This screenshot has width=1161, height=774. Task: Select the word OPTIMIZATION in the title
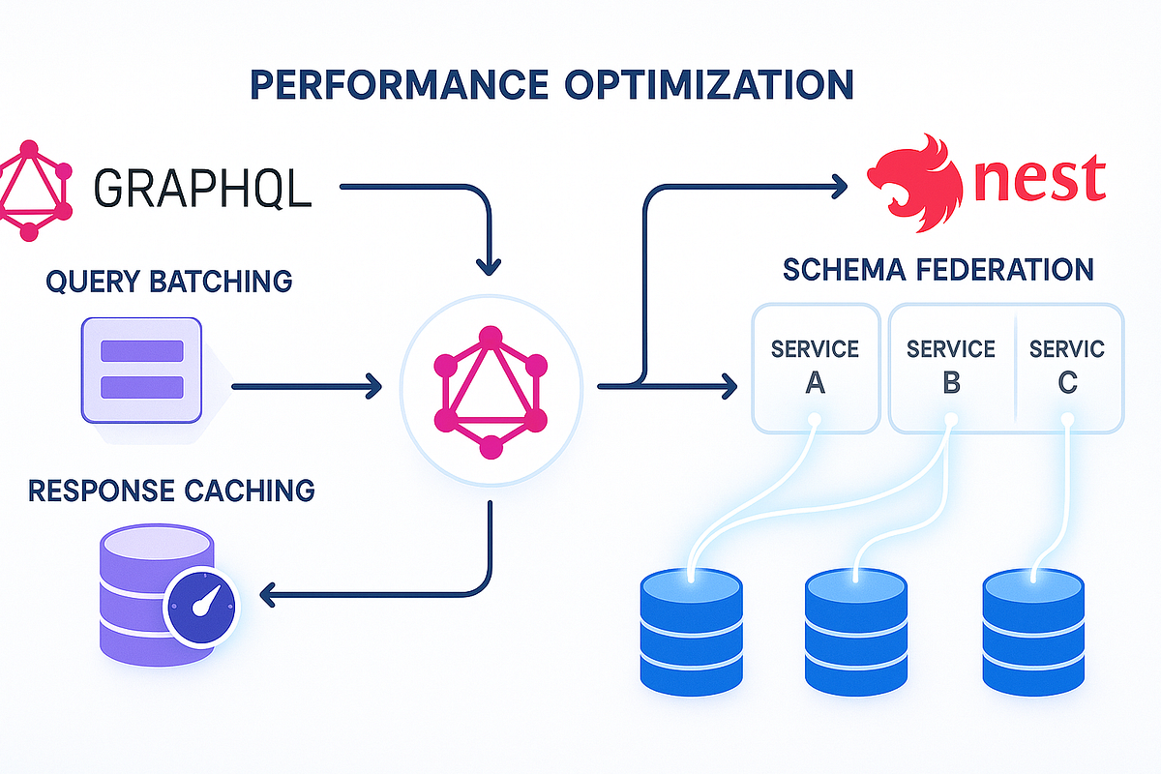point(711,84)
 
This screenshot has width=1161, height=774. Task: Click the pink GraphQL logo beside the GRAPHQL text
point(34,190)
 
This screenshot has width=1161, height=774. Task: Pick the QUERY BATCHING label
point(168,282)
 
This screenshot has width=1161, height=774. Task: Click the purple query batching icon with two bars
point(142,370)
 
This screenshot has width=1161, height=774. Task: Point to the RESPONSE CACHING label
point(171,490)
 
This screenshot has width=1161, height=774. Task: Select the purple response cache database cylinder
point(135,600)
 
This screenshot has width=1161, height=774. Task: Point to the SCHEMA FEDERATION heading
point(938,268)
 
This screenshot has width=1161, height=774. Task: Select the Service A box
point(815,367)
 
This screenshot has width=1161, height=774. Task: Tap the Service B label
point(950,367)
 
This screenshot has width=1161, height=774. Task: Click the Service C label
point(1067,367)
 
